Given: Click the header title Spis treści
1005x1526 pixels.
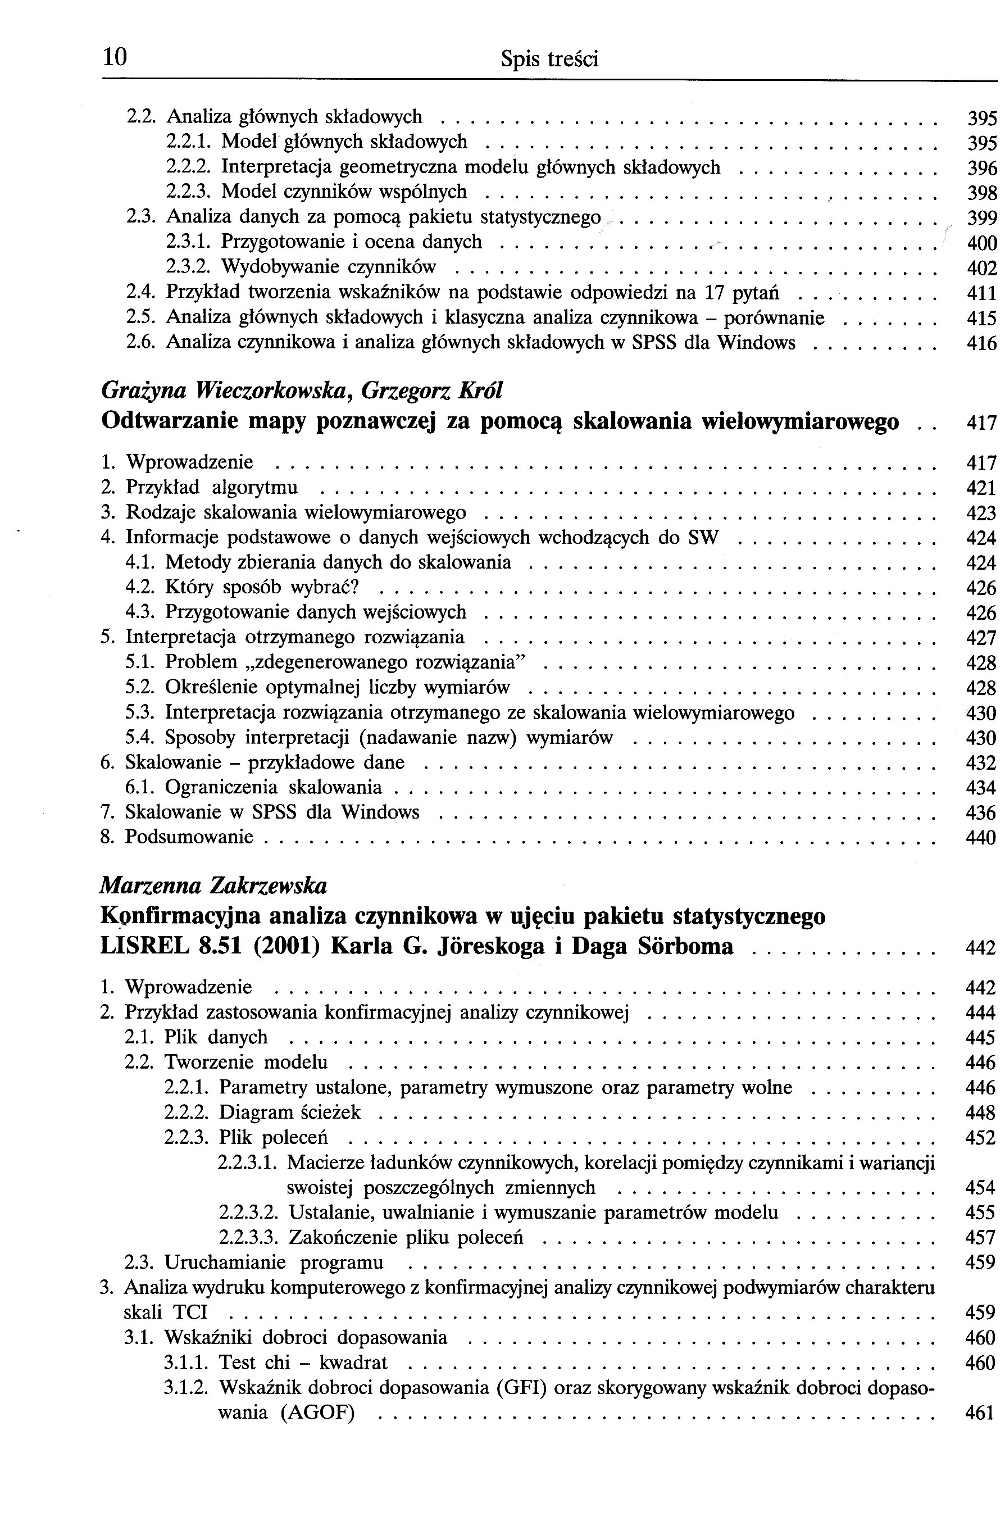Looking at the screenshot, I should pyautogui.click(x=549, y=60).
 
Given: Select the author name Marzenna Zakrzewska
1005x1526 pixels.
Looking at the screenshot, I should pyautogui.click(x=213, y=886).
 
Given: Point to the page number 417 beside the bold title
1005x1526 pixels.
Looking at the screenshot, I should pyautogui.click(x=981, y=423).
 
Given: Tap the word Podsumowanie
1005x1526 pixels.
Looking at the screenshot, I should pyautogui.click(x=189, y=837).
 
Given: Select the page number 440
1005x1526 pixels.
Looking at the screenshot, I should pyautogui.click(x=981, y=838).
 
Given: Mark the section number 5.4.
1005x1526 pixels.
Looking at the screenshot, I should pyautogui.click(x=140, y=738).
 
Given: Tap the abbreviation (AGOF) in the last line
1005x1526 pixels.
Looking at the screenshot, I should pyautogui.click(x=318, y=1413).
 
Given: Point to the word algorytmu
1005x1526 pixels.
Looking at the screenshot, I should pyautogui.click(x=255, y=488).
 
